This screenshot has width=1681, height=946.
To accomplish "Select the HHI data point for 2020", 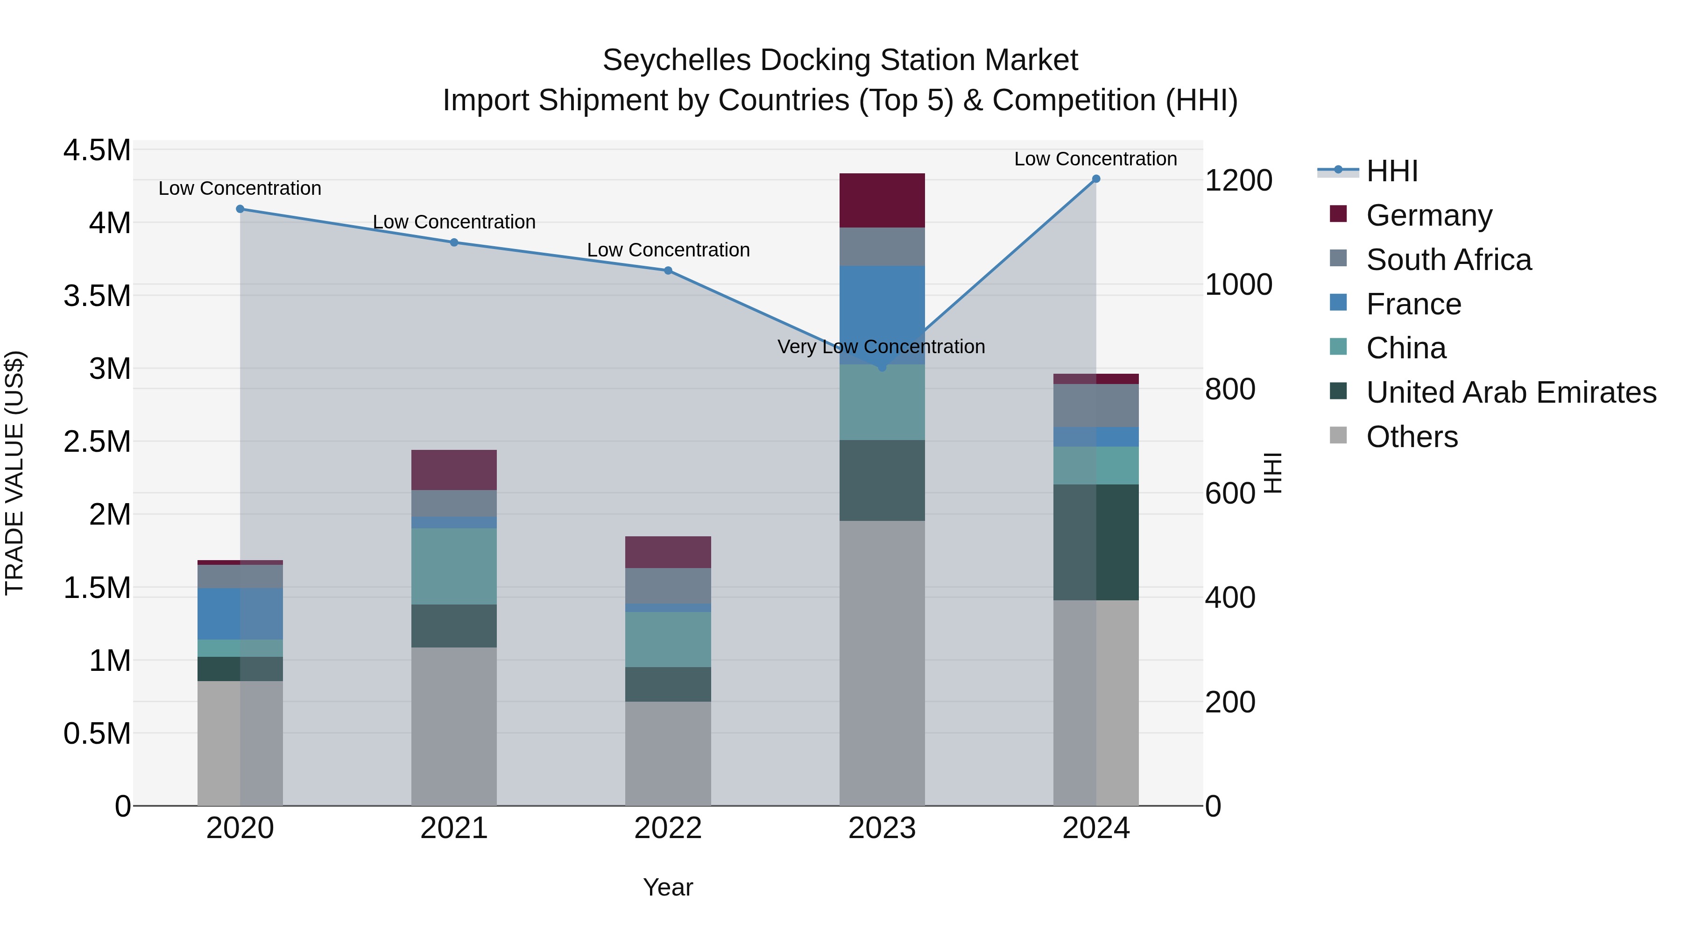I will tap(240, 209).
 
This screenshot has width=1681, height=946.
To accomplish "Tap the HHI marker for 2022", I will tap(668, 270).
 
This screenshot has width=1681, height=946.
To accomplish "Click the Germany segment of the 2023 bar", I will tap(882, 200).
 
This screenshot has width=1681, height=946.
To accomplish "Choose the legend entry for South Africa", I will tap(1448, 260).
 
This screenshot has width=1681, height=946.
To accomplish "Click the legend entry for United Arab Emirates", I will tap(1511, 392).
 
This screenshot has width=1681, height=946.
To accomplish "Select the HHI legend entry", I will tap(1391, 171).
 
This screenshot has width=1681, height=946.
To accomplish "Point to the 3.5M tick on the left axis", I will tap(97, 296).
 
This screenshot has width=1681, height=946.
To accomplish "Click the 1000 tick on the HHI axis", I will tap(1238, 285).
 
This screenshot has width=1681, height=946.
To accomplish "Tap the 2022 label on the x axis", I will tap(668, 828).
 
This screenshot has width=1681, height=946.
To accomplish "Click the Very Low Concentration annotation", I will tap(881, 347).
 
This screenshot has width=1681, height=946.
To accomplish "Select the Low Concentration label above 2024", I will tap(1095, 159).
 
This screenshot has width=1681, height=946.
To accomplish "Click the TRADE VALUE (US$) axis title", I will tap(14, 473).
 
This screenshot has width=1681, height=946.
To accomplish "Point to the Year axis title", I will tap(668, 887).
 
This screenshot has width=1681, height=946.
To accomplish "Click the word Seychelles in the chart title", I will tap(676, 60).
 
